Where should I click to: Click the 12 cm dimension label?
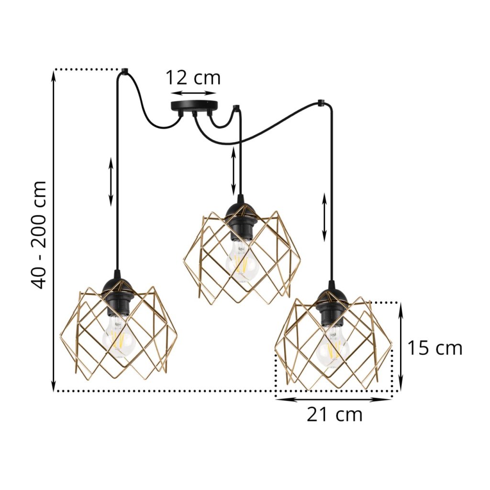[193, 78]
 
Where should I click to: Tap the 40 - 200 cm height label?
[39, 234]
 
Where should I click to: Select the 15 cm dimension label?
[434, 348]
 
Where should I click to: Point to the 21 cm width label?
[334, 415]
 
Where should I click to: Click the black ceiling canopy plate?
[194, 107]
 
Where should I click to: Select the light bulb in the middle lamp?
[241, 260]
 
